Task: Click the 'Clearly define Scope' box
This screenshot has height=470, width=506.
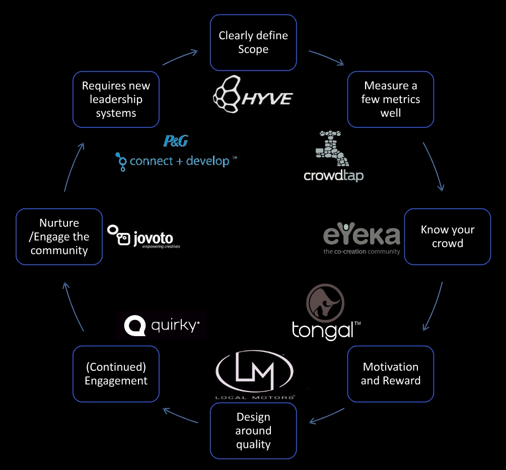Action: pos(253,43)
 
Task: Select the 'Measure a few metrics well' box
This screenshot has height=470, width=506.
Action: pos(390,99)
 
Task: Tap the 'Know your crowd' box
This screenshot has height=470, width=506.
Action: pos(447,237)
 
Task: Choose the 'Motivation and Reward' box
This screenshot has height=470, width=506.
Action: pos(390,374)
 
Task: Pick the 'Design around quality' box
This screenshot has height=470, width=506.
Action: pos(253,431)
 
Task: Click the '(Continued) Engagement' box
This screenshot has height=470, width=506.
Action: pos(116,374)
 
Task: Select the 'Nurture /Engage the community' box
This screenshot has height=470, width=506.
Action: pos(59,237)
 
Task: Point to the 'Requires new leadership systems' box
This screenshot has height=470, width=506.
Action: pos(116,99)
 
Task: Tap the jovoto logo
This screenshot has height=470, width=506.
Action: pos(143,237)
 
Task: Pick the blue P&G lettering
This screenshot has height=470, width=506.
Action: pos(176,141)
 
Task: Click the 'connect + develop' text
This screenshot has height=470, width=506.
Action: pos(176,161)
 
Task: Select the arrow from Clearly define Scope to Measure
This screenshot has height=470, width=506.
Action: pos(326,57)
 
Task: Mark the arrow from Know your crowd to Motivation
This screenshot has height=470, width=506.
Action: pos(434,307)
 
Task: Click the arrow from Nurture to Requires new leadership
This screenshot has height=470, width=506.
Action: pos(73,166)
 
